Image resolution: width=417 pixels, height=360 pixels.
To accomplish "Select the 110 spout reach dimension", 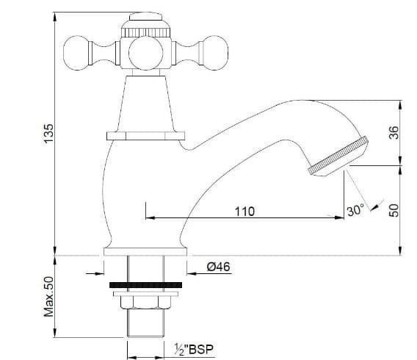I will pyautogui.click(x=244, y=211).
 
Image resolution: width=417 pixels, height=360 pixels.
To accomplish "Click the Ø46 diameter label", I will pyautogui.click(x=220, y=267).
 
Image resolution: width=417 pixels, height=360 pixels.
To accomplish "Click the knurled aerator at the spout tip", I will pyautogui.click(x=339, y=156).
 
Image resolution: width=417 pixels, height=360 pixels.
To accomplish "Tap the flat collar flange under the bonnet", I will pyautogui.click(x=148, y=135).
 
